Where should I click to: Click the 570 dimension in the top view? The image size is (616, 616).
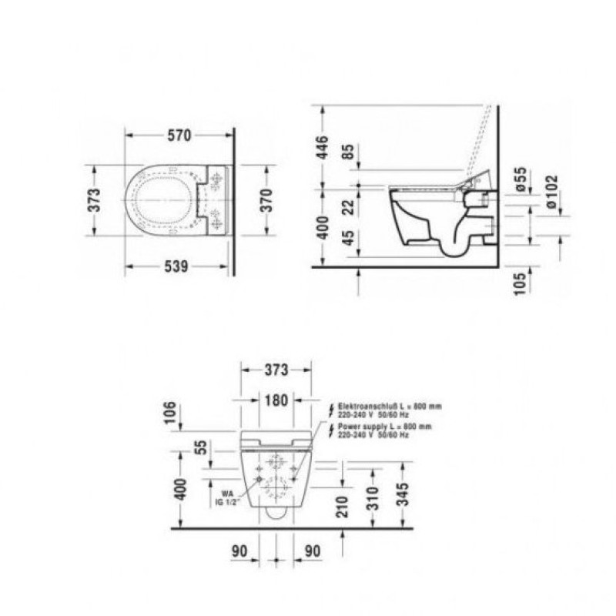(x=179, y=136)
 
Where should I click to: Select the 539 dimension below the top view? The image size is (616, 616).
(x=176, y=266)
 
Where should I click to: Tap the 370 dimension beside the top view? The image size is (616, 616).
(x=266, y=200)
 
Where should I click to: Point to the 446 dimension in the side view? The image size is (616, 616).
(x=322, y=147)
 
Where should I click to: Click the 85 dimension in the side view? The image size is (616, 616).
(x=348, y=152)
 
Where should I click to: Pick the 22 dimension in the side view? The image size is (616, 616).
(x=348, y=207)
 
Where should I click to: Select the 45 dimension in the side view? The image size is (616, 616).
(x=348, y=238)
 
